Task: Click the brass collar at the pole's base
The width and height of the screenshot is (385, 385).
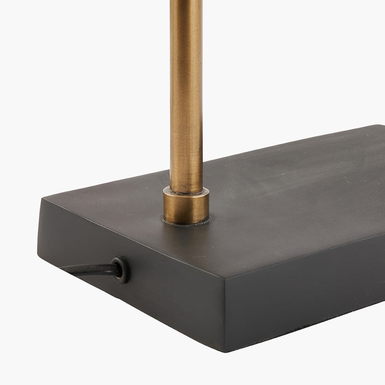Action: point(186,206)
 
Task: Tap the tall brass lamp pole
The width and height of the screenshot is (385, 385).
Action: point(186,96)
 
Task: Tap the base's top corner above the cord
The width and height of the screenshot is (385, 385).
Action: point(44,199)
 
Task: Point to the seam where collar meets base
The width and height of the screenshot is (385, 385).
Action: point(187,222)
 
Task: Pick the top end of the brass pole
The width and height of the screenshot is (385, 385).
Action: point(186,2)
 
